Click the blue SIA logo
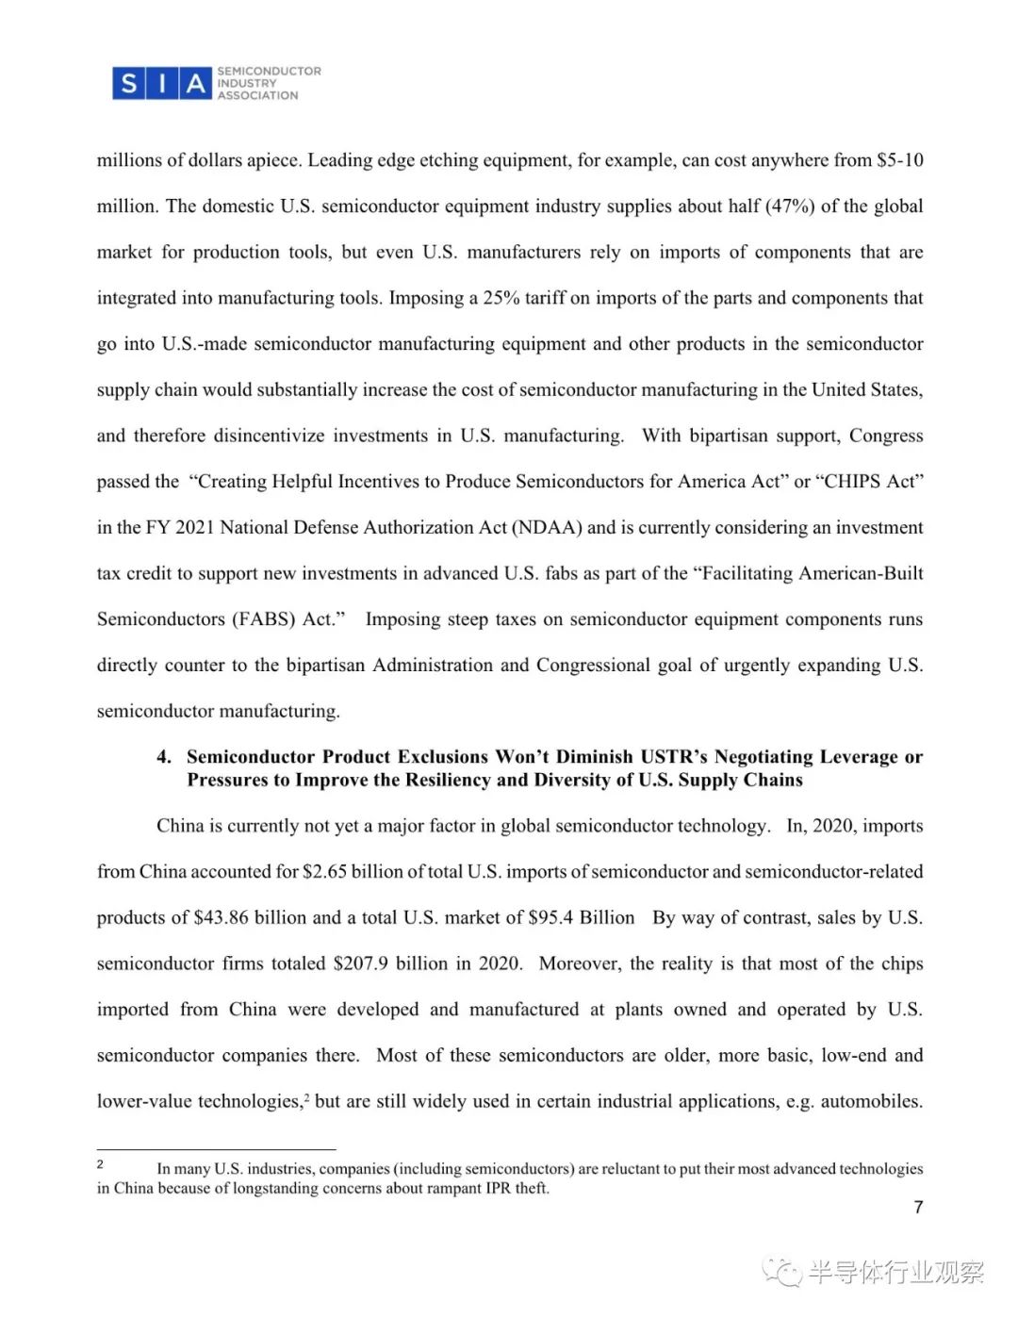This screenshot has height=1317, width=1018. click(x=161, y=84)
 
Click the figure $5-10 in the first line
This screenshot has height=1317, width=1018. click(x=899, y=160)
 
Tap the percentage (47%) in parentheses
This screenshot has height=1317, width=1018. click(x=789, y=206)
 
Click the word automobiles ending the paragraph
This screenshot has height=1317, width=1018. click(x=870, y=1102)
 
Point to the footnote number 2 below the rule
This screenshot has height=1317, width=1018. click(x=100, y=1164)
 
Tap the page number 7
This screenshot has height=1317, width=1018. click(x=918, y=1208)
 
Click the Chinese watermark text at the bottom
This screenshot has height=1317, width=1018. click(x=895, y=1273)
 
